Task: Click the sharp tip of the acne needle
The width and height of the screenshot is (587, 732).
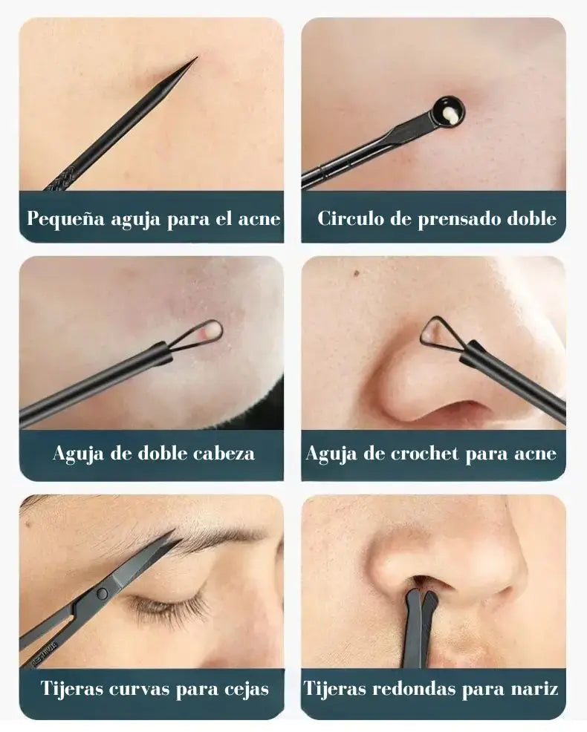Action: point(197,58)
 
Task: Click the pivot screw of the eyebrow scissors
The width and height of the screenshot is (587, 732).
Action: point(102,594)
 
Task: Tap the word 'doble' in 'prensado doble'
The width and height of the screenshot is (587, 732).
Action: point(531,218)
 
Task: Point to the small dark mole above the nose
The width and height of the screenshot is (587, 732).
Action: point(356,272)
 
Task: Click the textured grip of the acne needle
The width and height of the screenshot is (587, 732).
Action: point(61,179)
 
